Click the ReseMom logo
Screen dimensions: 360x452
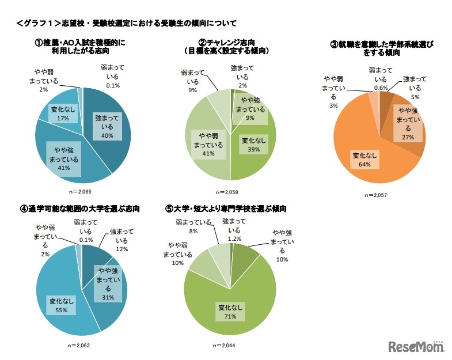(x=416, y=346)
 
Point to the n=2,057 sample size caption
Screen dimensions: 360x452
(x=374, y=195)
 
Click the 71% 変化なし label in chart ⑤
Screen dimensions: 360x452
(x=229, y=312)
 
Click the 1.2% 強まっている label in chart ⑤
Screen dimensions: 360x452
(x=234, y=229)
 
